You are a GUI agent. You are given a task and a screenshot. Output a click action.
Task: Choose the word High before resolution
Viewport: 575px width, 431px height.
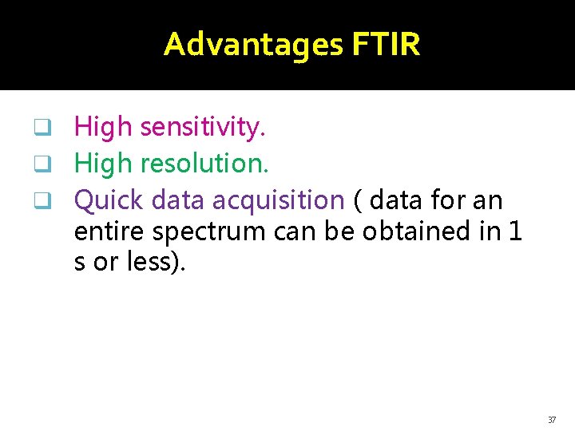tap(103, 164)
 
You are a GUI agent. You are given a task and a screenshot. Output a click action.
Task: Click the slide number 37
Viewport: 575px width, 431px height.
tap(552, 420)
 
